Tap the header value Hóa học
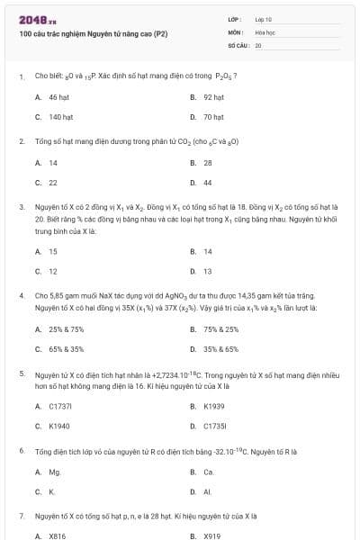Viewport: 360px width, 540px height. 265,31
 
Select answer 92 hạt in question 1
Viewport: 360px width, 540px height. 213,96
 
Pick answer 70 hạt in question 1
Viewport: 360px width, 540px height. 213,117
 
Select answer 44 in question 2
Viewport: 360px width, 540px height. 208,183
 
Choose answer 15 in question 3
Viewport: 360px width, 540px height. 53,251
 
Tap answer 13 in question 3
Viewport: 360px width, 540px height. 208,271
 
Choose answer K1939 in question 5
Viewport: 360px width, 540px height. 214,406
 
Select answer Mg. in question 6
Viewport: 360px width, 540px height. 55,472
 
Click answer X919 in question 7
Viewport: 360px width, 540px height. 212,536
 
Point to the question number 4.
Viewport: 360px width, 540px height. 22,294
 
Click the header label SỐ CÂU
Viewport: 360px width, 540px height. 238,43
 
